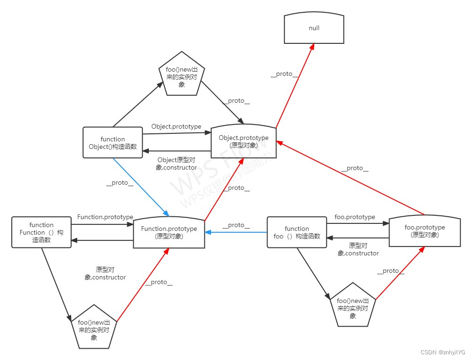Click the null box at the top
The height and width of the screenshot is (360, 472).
click(x=314, y=28)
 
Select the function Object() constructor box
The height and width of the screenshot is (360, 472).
click(x=113, y=143)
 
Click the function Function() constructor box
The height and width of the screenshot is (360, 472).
click(x=41, y=232)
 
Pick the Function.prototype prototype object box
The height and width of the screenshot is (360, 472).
click(x=169, y=232)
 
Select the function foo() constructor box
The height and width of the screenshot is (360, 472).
click(x=297, y=232)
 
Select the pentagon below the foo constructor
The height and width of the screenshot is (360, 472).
click(x=353, y=306)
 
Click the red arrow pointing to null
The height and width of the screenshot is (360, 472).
click(x=295, y=85)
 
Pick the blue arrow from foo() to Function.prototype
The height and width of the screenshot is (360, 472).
click(x=236, y=232)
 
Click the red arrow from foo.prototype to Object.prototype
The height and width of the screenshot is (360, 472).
click(x=351, y=177)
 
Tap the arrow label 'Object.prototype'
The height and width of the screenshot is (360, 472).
click(x=176, y=127)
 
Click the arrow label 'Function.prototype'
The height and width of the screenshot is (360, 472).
click(x=105, y=217)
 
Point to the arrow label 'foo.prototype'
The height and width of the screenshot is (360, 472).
click(x=355, y=217)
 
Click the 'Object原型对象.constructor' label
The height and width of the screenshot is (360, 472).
click(x=176, y=164)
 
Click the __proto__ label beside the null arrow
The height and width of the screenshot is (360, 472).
click(x=284, y=74)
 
